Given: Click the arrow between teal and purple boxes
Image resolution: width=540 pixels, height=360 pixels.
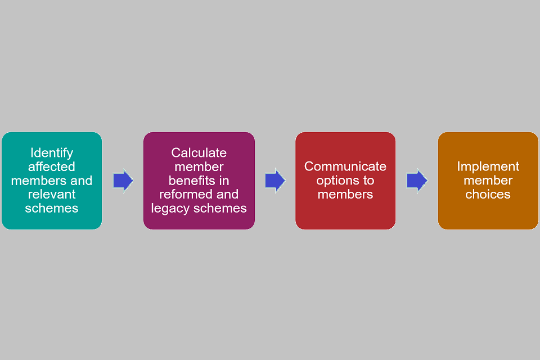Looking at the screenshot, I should click(x=123, y=181).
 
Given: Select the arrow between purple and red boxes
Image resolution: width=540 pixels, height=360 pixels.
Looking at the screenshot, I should click(x=275, y=181).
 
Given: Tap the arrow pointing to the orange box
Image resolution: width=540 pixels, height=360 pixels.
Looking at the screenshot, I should click(x=417, y=181).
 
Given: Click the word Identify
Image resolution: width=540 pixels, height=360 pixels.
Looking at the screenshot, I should click(x=52, y=153).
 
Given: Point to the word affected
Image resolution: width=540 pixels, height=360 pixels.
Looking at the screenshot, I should click(x=52, y=166).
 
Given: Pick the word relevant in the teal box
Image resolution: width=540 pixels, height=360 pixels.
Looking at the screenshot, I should click(x=52, y=194).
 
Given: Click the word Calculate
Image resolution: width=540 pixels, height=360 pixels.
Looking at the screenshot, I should click(x=199, y=153).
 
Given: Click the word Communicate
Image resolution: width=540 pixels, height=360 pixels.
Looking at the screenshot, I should click(x=345, y=166).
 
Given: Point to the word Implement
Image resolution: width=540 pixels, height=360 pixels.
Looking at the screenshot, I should click(x=488, y=166).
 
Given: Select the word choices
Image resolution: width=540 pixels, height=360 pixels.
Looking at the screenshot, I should click(x=488, y=194).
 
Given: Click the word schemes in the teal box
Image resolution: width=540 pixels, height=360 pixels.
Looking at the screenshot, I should click(x=52, y=208).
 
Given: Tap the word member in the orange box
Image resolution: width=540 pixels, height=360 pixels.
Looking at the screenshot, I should click(x=488, y=181).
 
